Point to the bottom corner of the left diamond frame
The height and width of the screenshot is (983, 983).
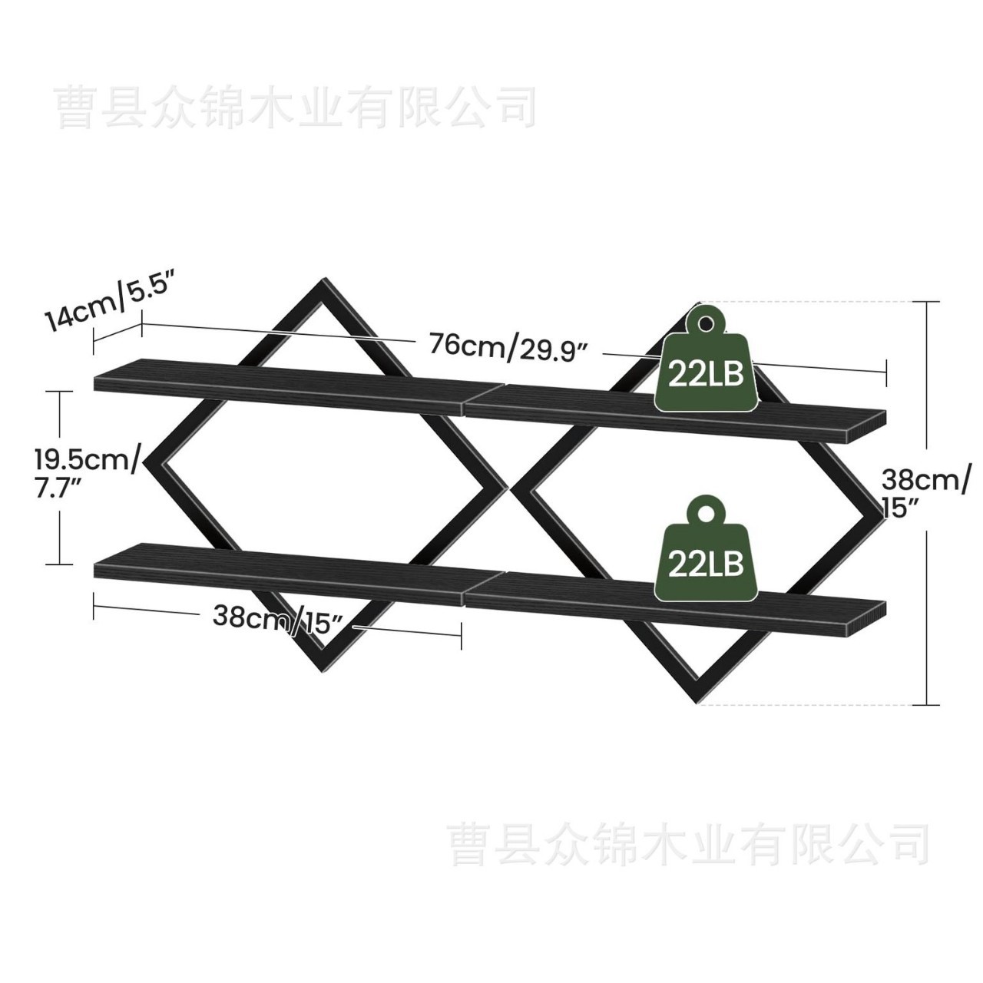tap(322, 667)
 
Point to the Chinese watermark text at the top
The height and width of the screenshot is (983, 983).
tap(296, 107)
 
